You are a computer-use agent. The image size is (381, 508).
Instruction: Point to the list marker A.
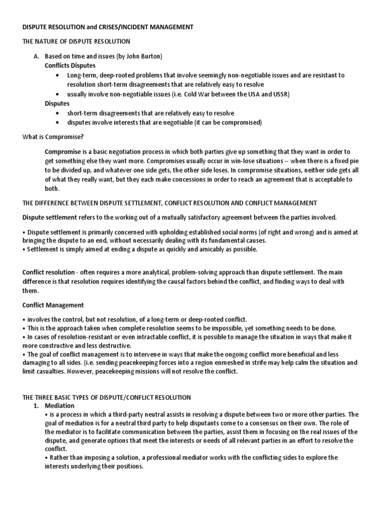point(35,57)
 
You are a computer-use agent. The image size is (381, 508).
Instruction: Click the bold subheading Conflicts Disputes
point(70,65)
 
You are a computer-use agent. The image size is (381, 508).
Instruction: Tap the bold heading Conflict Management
point(53,305)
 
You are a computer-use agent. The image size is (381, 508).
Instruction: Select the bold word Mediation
point(60,405)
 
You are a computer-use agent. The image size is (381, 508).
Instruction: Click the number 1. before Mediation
point(36,405)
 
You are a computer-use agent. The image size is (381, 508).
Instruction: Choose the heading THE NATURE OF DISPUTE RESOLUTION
point(76,42)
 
